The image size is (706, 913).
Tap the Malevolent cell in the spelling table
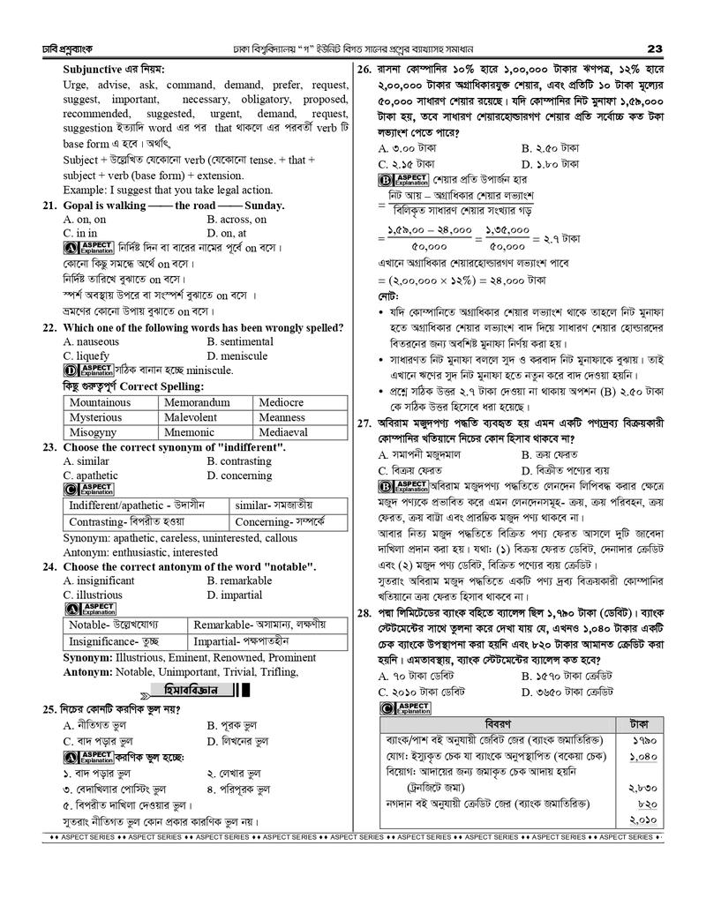[x=191, y=418]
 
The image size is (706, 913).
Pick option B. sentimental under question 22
[x=240, y=341]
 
